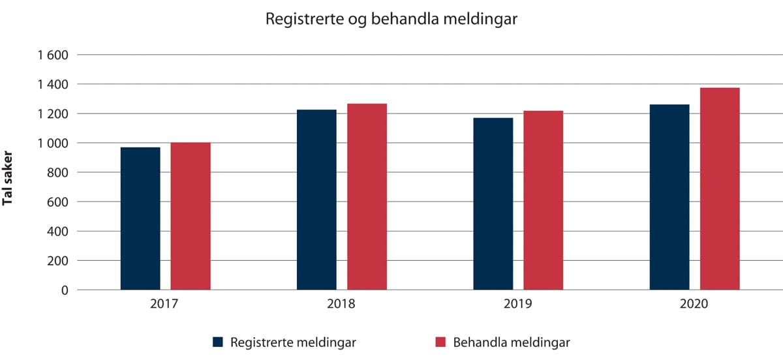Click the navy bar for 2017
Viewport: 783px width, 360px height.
click(x=140, y=218)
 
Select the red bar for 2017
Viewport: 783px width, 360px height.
click(x=191, y=216)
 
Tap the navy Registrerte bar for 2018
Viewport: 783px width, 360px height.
click(x=316, y=200)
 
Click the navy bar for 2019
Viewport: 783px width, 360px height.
click(x=493, y=203)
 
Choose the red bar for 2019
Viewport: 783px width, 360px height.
click(x=543, y=200)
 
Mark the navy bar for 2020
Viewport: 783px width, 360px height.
click(x=669, y=197)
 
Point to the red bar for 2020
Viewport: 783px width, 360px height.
click(x=720, y=188)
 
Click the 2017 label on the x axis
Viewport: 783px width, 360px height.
click(x=166, y=304)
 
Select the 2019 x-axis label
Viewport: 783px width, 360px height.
click(x=519, y=304)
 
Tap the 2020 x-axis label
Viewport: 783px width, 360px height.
click(x=695, y=304)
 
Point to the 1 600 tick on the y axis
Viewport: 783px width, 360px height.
click(x=54, y=55)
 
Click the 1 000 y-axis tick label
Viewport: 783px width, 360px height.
click(x=54, y=143)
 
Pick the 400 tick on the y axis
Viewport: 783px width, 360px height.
click(x=59, y=232)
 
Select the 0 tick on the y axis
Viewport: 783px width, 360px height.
click(x=65, y=290)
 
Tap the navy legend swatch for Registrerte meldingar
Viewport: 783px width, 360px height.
click(x=218, y=342)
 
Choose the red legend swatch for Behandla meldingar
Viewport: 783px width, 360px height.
click(x=440, y=342)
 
